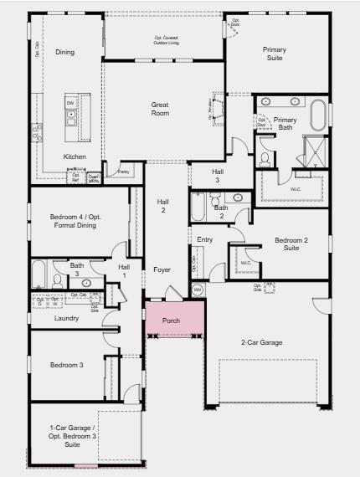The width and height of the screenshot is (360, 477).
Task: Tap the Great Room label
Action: (x=160, y=109)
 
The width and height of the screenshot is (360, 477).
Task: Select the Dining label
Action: (x=64, y=52)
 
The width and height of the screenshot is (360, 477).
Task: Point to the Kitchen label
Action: (x=75, y=156)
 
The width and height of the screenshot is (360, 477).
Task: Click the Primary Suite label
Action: (x=274, y=54)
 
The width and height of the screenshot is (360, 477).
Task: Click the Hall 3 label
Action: (x=217, y=175)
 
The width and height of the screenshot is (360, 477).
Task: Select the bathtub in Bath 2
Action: (x=198, y=207)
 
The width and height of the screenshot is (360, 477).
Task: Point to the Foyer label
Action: (x=162, y=269)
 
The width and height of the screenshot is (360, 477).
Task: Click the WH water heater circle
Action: (x=198, y=290)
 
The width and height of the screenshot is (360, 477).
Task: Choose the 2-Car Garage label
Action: (x=261, y=342)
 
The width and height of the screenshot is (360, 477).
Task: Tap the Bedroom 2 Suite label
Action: (x=291, y=244)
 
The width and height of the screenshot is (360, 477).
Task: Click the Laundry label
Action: (x=66, y=318)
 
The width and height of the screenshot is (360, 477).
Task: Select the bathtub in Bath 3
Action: (x=39, y=274)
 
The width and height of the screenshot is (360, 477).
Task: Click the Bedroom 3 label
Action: (x=66, y=365)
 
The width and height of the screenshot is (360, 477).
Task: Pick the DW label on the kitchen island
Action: (x=71, y=103)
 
